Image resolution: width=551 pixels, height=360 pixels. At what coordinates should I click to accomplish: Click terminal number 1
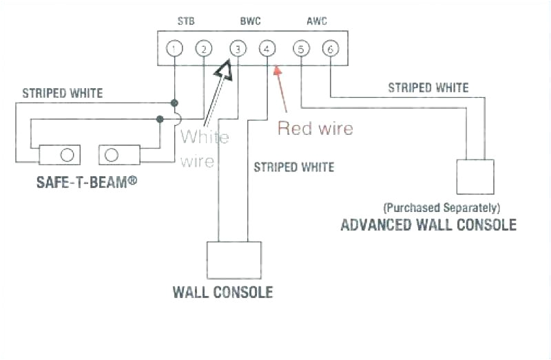(x=175, y=49)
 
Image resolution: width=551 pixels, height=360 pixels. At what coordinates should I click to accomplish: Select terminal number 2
(x=203, y=49)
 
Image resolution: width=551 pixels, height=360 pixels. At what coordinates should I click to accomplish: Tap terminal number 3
(x=237, y=49)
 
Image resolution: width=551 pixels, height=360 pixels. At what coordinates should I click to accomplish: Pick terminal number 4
(x=267, y=49)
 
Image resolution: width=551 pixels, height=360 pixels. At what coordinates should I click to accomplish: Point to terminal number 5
(x=301, y=49)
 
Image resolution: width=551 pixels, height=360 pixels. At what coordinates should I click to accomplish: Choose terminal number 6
(x=331, y=49)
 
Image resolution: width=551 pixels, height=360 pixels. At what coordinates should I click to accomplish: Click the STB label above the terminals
(x=186, y=21)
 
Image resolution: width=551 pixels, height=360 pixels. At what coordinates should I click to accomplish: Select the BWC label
(x=251, y=21)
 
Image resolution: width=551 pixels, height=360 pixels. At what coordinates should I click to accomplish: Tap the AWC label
(x=317, y=21)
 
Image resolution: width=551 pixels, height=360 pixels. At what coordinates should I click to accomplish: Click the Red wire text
(x=315, y=128)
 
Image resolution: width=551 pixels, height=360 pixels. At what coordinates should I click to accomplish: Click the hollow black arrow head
(x=223, y=70)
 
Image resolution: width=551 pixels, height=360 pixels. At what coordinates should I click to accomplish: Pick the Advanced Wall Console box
(x=475, y=177)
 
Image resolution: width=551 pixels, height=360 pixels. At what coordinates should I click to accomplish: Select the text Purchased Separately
(x=441, y=207)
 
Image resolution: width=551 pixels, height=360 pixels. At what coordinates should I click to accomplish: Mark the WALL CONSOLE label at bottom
(x=222, y=292)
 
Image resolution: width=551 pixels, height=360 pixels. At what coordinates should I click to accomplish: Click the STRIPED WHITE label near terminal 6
(x=428, y=88)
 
